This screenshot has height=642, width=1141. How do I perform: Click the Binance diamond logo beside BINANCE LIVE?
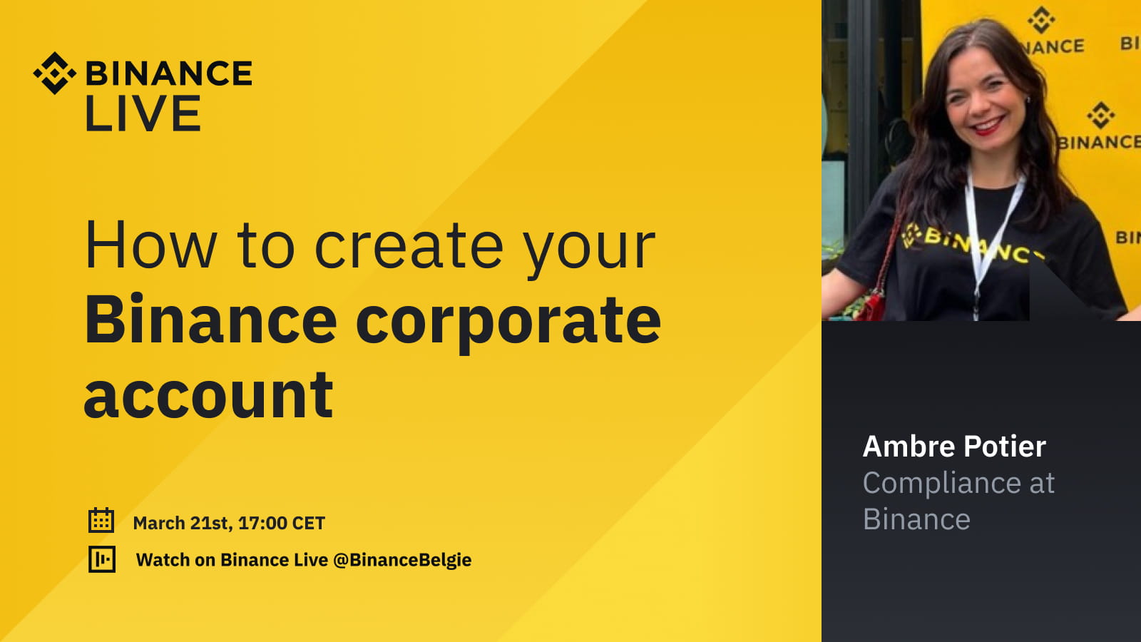click(x=54, y=73)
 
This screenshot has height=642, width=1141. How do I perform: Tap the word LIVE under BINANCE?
click(x=143, y=114)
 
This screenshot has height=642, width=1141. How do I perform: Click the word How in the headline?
click(x=150, y=246)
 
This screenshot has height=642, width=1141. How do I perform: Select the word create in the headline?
click(x=409, y=246)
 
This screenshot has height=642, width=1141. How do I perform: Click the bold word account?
click(x=208, y=395)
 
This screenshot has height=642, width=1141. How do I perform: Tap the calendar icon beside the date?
click(x=101, y=521)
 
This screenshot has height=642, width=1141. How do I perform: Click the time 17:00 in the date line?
click(x=262, y=523)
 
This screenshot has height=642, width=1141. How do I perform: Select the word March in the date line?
click(x=159, y=523)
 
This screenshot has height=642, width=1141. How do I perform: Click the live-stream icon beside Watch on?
click(x=102, y=559)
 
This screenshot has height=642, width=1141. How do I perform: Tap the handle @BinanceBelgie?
click(x=402, y=560)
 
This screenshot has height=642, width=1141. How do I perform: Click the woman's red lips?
click(x=988, y=127)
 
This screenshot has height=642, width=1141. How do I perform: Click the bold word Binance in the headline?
click(x=210, y=321)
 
